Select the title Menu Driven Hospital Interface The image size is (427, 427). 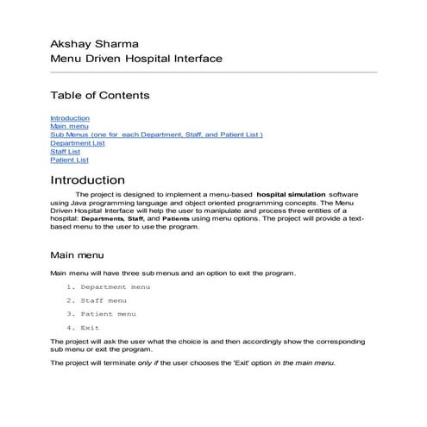(136, 59)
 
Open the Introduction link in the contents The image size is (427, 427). (70, 118)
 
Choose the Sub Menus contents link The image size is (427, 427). (156, 135)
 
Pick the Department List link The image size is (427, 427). (78, 143)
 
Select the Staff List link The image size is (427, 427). (66, 152)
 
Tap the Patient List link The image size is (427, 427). (69, 160)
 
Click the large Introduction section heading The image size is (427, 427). (87, 180)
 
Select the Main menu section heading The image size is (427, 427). (78, 255)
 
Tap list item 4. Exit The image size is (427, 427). (83, 328)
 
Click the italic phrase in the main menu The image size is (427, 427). (305, 363)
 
